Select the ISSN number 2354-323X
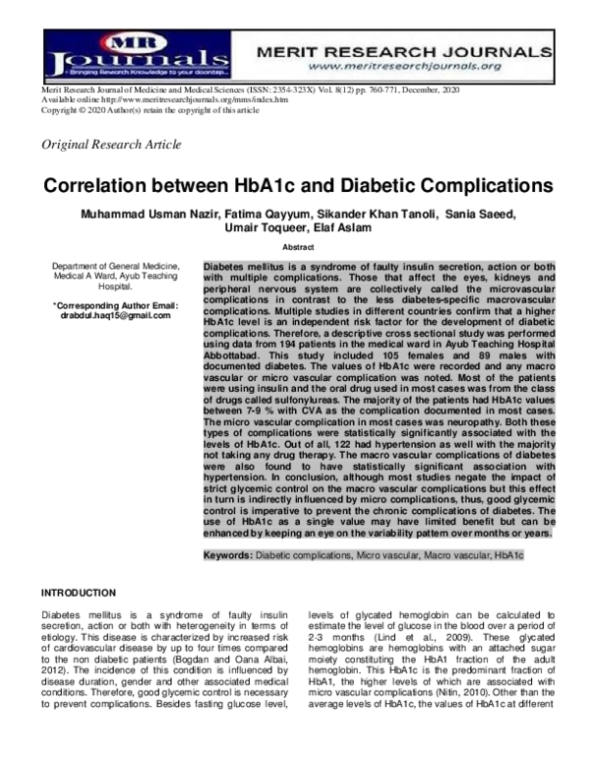[x=278, y=90]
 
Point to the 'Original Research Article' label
[x=110, y=145]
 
